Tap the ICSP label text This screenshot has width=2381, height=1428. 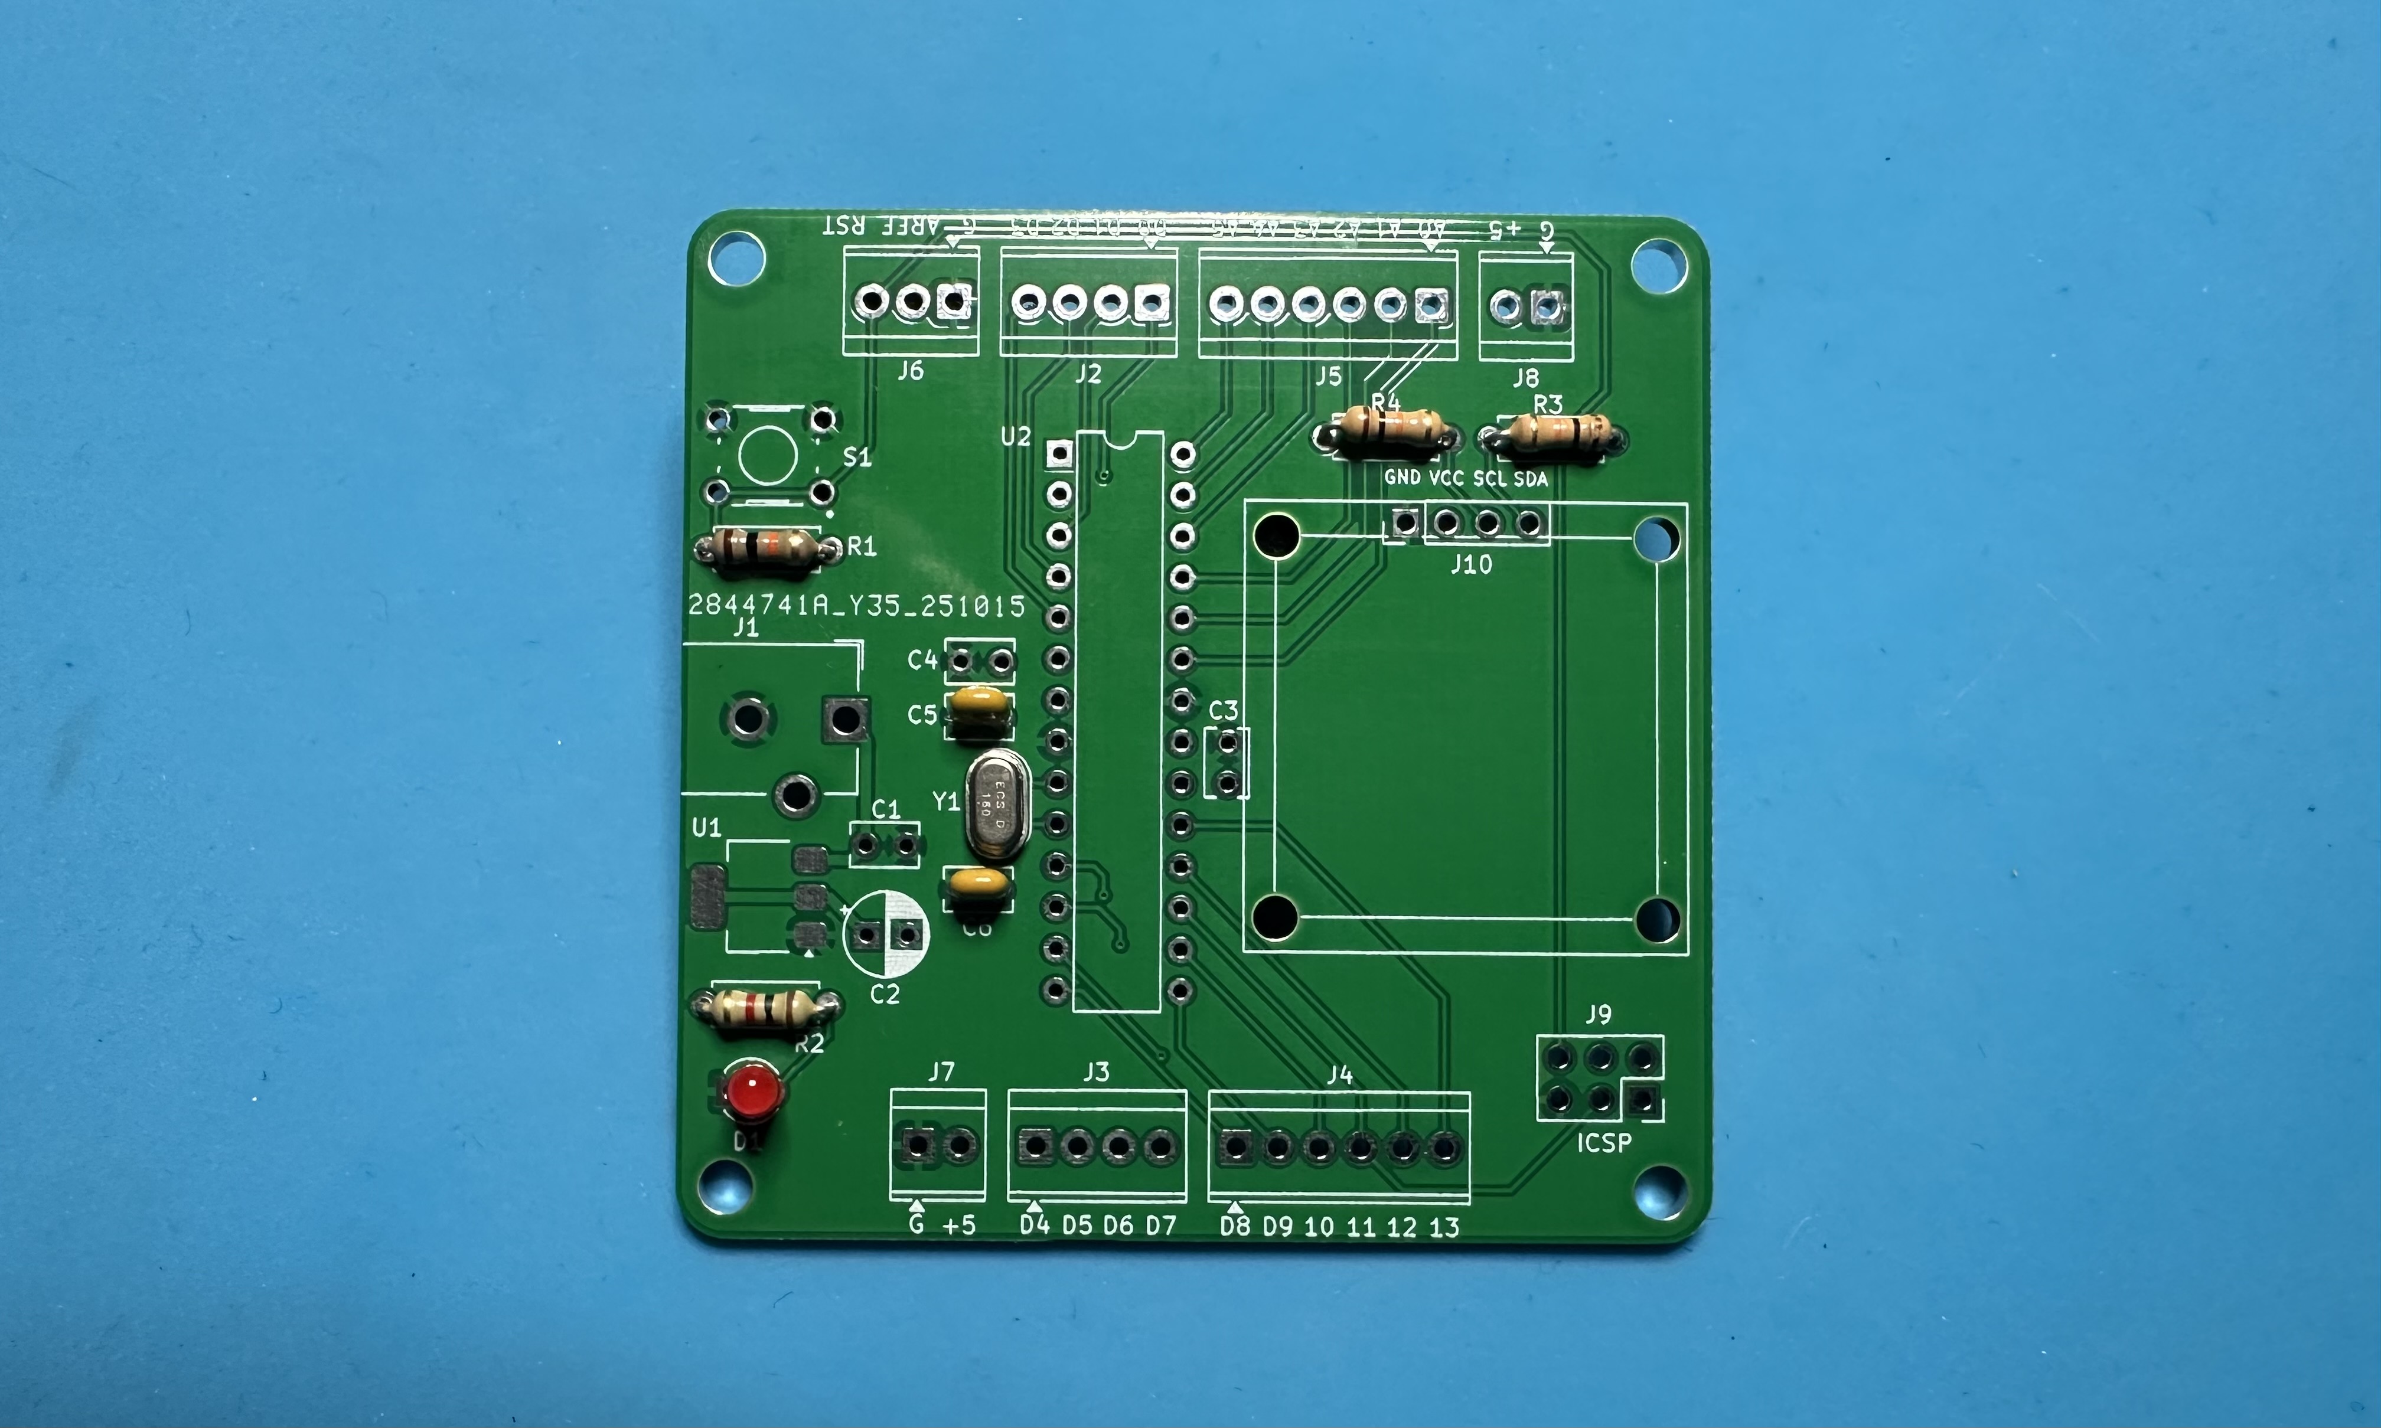click(1603, 1143)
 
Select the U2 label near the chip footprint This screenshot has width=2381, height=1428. click(1015, 437)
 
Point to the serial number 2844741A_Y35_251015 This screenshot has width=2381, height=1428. click(856, 605)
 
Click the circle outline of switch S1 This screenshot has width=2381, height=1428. click(767, 454)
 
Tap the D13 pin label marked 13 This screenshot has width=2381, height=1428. click(1444, 1227)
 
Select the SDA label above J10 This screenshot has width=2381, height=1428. click(1530, 478)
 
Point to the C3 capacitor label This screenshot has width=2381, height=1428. click(1223, 711)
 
